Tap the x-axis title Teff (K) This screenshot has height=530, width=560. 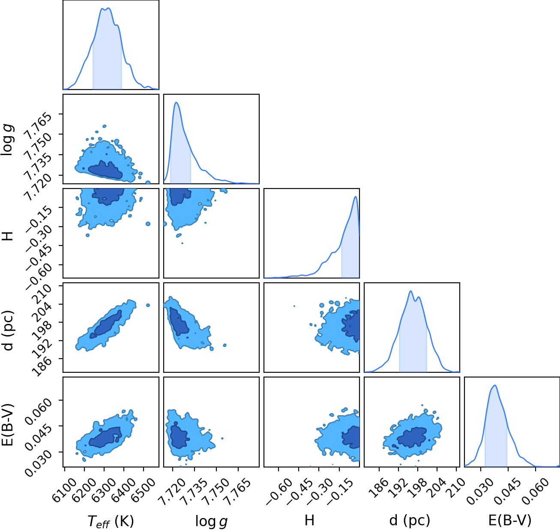click(111, 521)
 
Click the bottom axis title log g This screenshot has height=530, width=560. click(211, 521)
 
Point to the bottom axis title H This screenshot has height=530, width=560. click(310, 520)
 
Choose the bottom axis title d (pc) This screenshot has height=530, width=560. click(410, 521)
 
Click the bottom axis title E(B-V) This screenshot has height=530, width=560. click(510, 521)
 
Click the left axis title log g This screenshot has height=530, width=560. click(8, 140)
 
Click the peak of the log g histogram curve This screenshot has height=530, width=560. click(177, 102)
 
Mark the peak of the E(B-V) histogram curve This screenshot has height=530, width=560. click(495, 385)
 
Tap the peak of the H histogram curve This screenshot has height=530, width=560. click(355, 197)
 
